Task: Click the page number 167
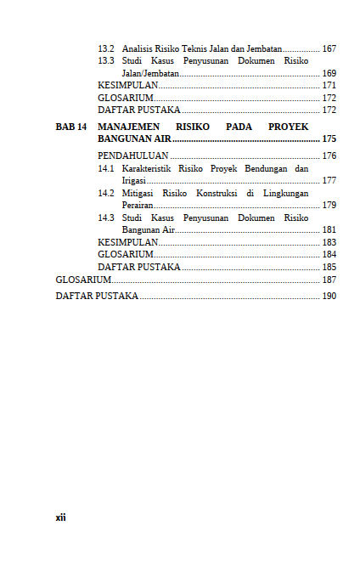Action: pyautogui.click(x=329, y=48)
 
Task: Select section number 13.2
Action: pyautogui.click(x=106, y=48)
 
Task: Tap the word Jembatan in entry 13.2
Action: pyautogui.click(x=263, y=48)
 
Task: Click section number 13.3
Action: pyautogui.click(x=106, y=61)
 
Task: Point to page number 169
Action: pyautogui.click(x=329, y=74)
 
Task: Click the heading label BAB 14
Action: pyautogui.click(x=71, y=126)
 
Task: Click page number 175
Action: pyautogui.click(x=329, y=139)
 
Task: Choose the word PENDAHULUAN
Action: pyautogui.click(x=133, y=156)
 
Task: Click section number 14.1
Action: pyautogui.click(x=106, y=169)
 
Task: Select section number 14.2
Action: pyautogui.click(x=106, y=194)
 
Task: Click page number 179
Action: pyautogui.click(x=329, y=206)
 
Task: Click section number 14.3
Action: pyautogui.click(x=106, y=218)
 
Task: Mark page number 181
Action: pyautogui.click(x=329, y=230)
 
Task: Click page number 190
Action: pyautogui.click(x=329, y=297)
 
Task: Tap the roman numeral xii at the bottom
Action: pyautogui.click(x=60, y=517)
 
